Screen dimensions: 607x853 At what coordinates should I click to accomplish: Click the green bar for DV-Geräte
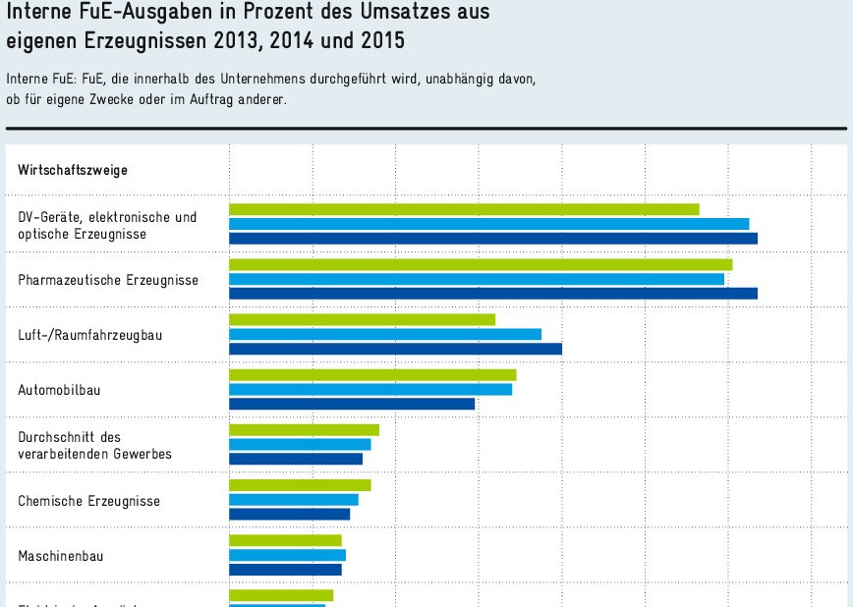click(x=464, y=209)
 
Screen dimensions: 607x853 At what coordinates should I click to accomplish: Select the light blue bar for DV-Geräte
click(x=488, y=224)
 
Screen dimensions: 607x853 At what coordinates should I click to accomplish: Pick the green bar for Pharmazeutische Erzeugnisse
click(x=481, y=264)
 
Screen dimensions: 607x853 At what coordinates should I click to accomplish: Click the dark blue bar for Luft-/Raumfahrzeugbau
click(x=395, y=349)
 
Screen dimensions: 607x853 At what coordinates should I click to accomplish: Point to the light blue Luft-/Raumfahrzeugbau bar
click(x=385, y=334)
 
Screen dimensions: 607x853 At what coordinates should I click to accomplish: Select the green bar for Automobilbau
click(x=372, y=374)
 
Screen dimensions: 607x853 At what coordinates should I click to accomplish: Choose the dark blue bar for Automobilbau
click(x=352, y=404)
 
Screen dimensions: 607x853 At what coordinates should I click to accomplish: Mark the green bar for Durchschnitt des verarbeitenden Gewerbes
click(x=304, y=430)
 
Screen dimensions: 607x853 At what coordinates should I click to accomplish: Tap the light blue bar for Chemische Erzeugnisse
click(x=294, y=500)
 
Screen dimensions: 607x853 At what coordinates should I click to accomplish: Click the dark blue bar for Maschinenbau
click(x=285, y=570)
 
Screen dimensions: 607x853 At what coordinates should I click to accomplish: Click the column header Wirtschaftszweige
click(x=73, y=170)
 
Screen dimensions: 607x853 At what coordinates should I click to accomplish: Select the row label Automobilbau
click(x=59, y=390)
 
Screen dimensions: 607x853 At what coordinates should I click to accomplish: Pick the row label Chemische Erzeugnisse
click(x=88, y=501)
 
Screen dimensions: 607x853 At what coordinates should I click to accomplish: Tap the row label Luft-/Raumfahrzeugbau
click(x=90, y=335)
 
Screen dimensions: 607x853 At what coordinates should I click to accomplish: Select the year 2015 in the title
click(x=382, y=42)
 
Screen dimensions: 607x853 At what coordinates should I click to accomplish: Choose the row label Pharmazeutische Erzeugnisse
click(x=108, y=280)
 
